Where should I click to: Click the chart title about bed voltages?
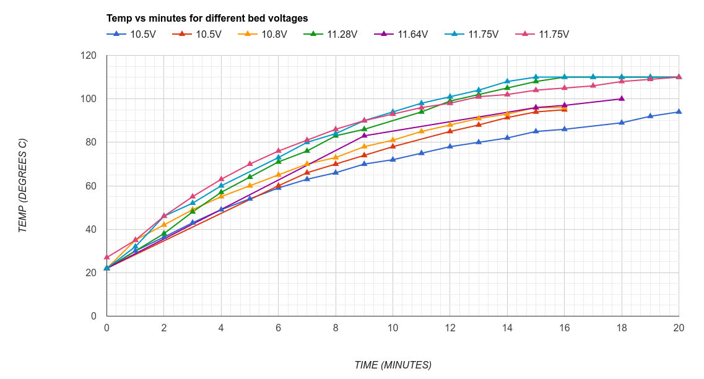click(207, 19)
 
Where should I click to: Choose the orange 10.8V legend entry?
click(267, 35)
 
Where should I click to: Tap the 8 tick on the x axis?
click(336, 328)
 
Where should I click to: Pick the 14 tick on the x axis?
click(507, 328)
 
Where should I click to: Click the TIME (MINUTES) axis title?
click(393, 365)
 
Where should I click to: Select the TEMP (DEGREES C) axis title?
click(23, 185)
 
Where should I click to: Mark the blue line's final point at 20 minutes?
click(679, 111)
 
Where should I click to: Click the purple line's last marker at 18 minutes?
click(622, 98)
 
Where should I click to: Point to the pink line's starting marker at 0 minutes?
click(107, 257)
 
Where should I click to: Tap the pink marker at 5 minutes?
click(250, 163)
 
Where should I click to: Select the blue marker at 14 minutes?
click(507, 137)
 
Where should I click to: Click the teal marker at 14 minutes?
click(507, 81)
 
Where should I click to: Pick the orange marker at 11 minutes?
click(422, 131)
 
